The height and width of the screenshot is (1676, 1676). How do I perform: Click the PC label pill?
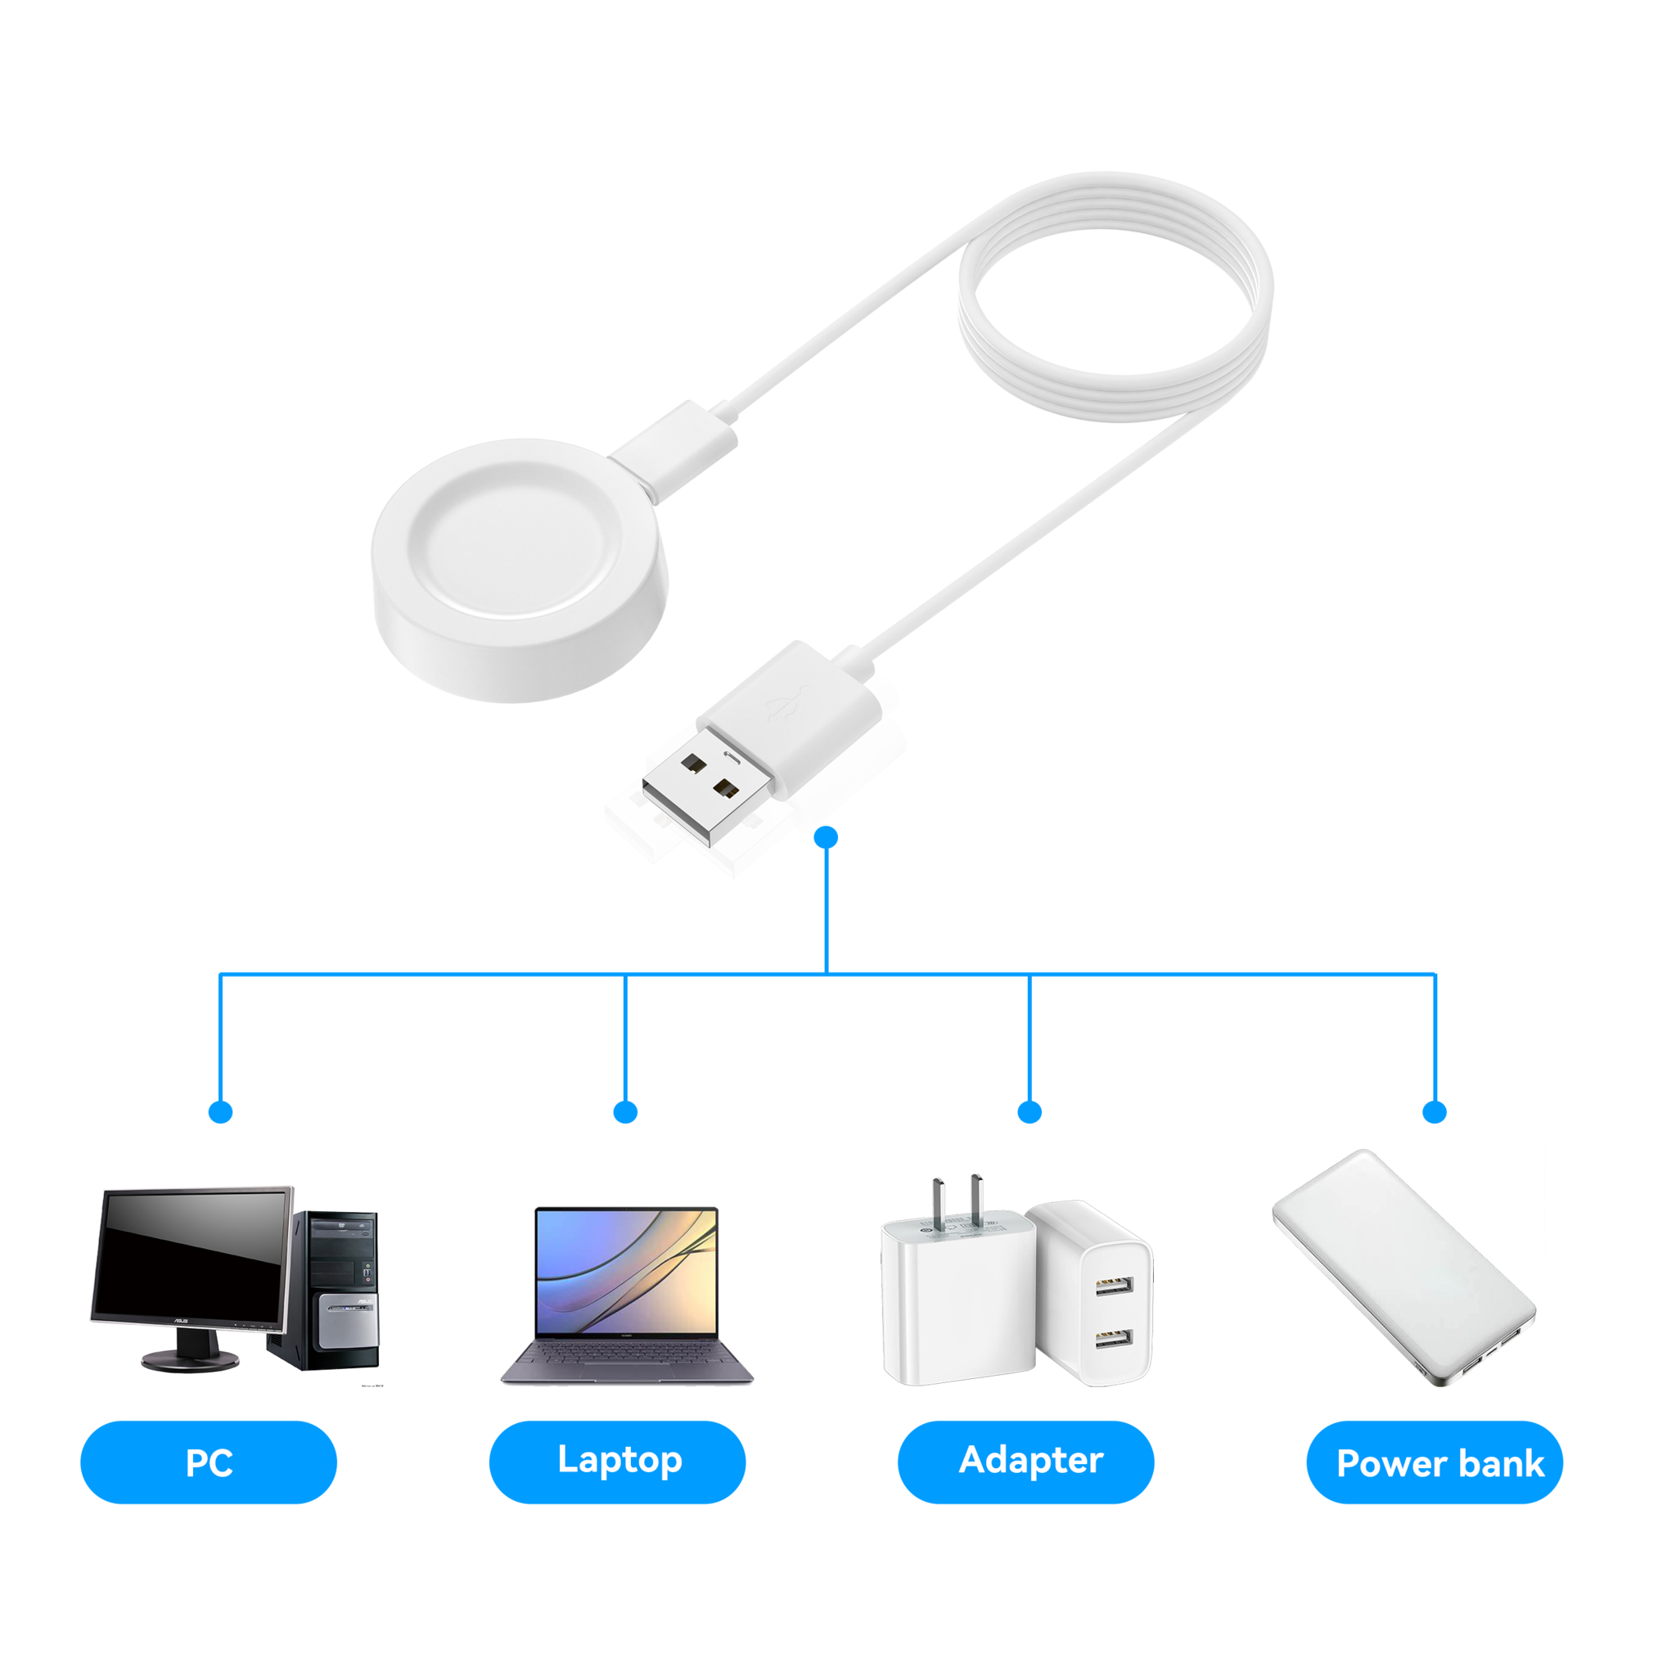[208, 1462]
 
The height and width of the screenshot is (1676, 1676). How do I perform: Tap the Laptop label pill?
[617, 1462]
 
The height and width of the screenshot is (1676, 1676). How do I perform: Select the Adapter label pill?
[1025, 1462]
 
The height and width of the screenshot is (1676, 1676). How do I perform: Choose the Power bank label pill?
[1435, 1463]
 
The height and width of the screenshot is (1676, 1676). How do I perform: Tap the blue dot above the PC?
[221, 1112]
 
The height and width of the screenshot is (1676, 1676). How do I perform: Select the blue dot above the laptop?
[625, 1112]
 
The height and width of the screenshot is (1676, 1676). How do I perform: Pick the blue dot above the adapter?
[1029, 1112]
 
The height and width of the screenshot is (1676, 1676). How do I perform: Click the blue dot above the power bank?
[1435, 1112]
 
